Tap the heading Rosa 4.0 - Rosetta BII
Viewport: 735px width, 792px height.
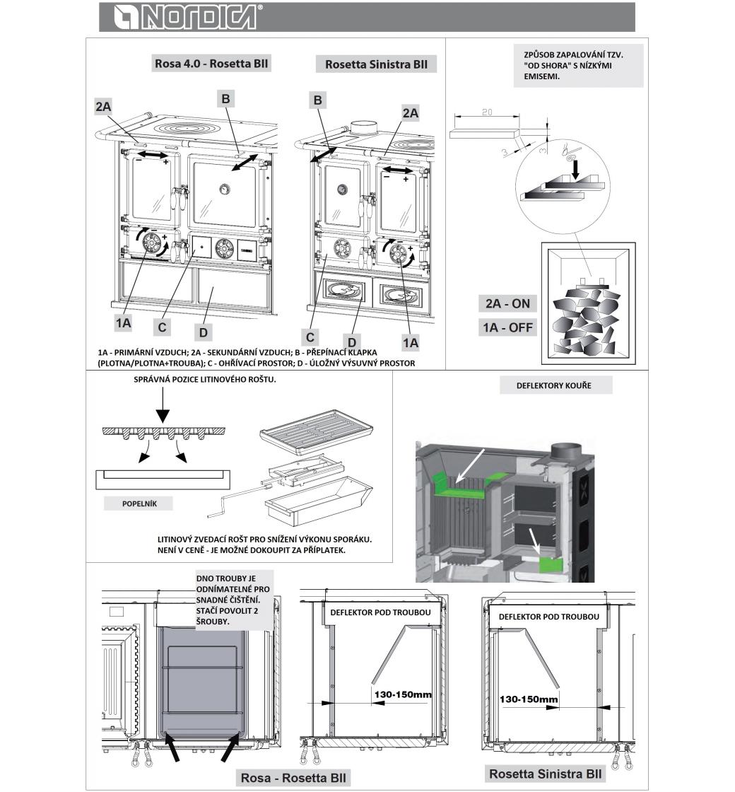[x=211, y=64]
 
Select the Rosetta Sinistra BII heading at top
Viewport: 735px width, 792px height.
[x=376, y=64]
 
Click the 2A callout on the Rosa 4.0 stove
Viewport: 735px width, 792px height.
[x=104, y=106]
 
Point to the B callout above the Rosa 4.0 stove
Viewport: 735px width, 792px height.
[x=225, y=98]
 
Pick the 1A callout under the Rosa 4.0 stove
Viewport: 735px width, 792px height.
[x=124, y=322]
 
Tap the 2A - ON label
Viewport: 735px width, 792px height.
[x=507, y=303]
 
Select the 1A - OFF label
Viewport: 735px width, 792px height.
[x=507, y=327]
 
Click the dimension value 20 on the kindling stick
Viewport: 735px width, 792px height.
[x=486, y=113]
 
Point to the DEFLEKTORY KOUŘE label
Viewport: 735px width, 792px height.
[x=555, y=385]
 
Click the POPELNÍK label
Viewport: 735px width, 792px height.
[x=139, y=504]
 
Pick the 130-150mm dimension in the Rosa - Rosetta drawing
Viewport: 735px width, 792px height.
[x=401, y=694]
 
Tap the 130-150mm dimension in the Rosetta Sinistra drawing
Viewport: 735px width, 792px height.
[x=529, y=699]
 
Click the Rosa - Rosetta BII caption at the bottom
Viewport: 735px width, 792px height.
[x=294, y=778]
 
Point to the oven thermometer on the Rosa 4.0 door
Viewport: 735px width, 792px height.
[x=224, y=189]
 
